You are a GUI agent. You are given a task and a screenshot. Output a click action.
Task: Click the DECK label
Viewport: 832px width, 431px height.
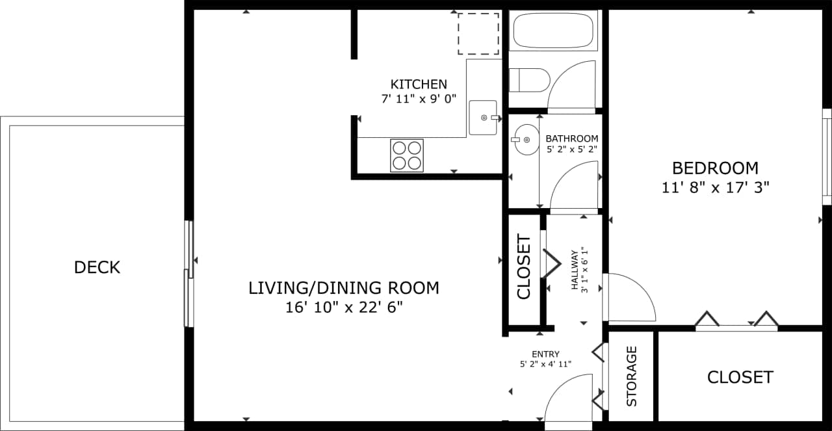tap(97, 267)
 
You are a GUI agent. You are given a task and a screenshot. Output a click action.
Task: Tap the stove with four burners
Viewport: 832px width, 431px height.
tap(407, 155)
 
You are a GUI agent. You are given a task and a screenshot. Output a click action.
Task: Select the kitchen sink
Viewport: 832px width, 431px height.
tap(482, 118)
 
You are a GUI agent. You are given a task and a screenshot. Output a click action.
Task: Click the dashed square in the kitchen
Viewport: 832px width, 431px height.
tap(478, 33)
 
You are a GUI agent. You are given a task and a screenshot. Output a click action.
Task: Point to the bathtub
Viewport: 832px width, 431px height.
tap(553, 30)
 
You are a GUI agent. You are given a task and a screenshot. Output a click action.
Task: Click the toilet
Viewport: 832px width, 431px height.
tap(529, 80)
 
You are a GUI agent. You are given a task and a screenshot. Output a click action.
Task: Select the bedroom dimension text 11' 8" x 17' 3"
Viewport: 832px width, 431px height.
tap(715, 188)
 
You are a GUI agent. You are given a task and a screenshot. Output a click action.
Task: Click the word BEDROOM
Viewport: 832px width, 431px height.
tap(715, 168)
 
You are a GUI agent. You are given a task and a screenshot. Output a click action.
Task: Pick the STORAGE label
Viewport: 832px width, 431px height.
tap(632, 376)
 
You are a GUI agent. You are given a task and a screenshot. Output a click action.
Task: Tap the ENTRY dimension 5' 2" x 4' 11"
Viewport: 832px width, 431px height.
tap(545, 364)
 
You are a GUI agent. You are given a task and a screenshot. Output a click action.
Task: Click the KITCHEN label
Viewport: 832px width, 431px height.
tap(419, 84)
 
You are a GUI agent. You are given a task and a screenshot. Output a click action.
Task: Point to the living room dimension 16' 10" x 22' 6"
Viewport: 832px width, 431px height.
tap(344, 307)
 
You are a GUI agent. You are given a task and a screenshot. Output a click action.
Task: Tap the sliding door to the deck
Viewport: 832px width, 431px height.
tap(188, 273)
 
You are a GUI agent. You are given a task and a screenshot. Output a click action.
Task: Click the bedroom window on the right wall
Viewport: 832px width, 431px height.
tap(827, 157)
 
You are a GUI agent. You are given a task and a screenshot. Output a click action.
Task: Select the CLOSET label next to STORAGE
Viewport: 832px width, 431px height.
tap(740, 377)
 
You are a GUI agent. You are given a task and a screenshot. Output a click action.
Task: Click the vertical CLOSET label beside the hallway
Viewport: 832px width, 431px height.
tap(524, 267)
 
